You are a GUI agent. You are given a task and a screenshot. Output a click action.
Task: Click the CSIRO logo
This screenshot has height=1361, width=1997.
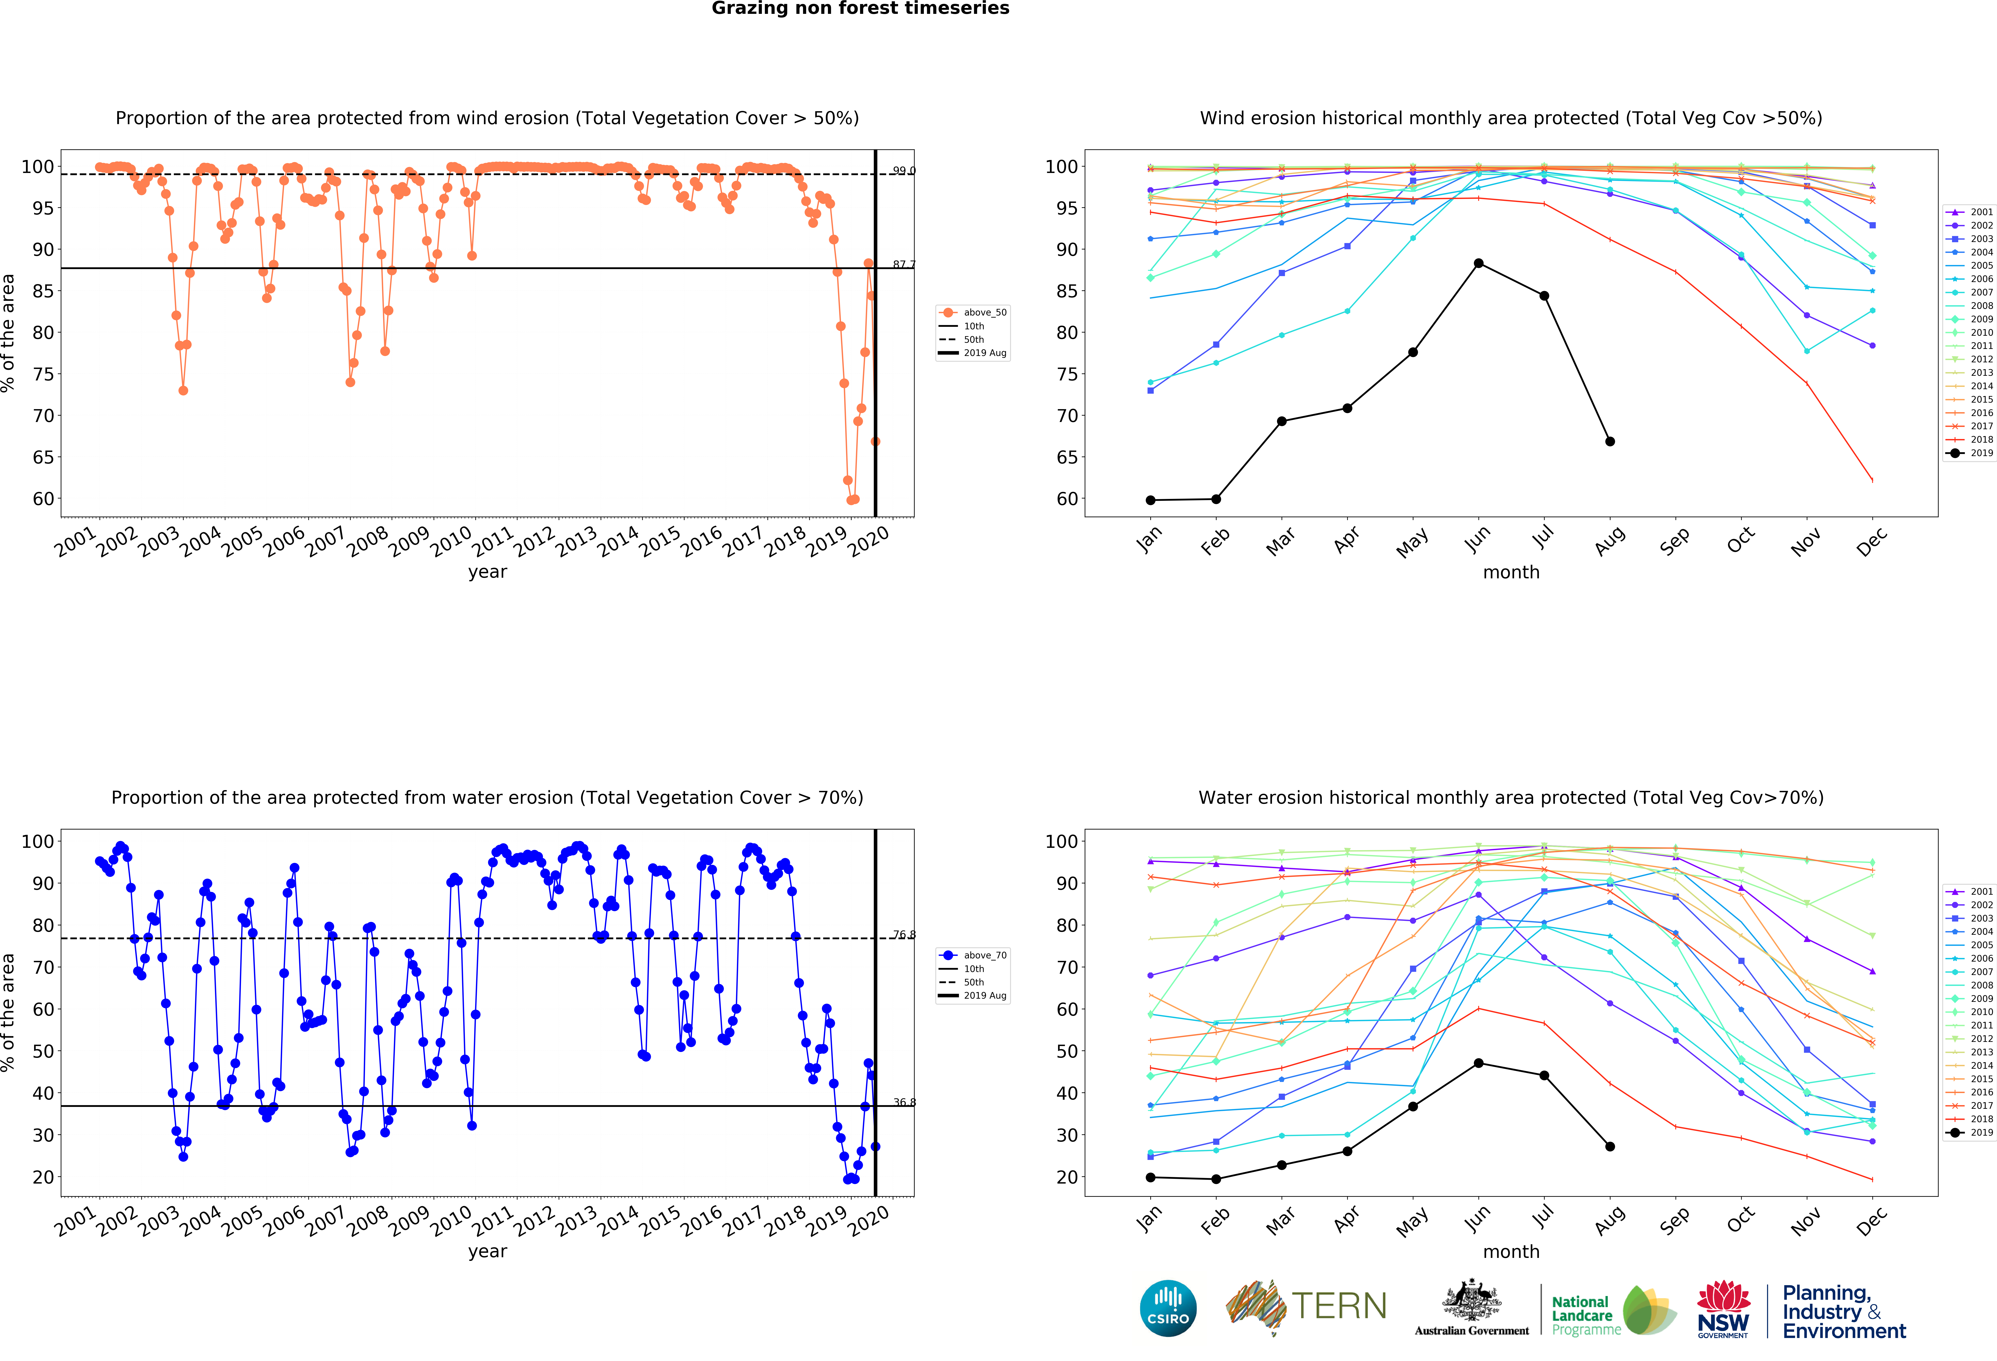point(1168,1309)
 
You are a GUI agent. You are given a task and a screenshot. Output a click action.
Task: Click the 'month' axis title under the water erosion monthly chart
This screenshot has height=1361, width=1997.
point(1511,1252)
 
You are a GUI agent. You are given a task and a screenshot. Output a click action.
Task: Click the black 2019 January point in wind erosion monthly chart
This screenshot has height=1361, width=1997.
point(1151,500)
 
